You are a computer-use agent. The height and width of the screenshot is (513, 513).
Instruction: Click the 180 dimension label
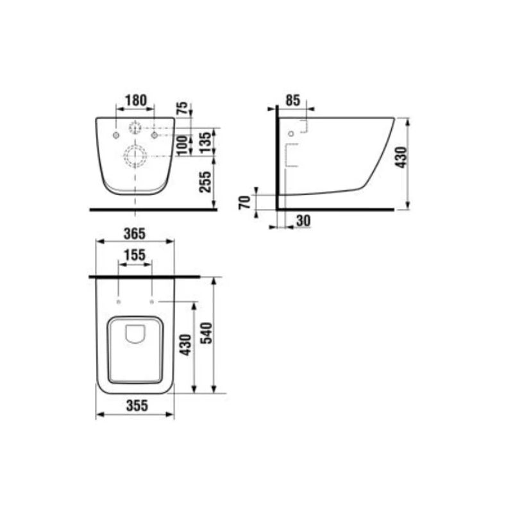tap(136, 100)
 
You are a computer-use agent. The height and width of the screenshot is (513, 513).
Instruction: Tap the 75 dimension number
tap(183, 108)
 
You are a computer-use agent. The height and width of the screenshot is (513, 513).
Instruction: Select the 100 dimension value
tap(183, 146)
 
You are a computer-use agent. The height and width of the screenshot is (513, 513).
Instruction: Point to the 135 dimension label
tap(206, 142)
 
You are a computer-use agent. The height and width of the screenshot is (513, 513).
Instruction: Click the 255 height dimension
tap(206, 182)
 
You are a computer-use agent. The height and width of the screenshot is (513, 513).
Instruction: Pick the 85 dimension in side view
tap(293, 100)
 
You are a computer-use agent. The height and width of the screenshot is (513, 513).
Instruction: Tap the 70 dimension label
tap(245, 202)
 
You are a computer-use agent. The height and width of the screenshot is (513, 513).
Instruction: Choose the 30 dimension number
tap(303, 221)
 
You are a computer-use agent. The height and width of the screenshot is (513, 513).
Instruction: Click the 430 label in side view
tap(401, 157)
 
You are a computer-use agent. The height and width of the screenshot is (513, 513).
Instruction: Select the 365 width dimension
tap(135, 233)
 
